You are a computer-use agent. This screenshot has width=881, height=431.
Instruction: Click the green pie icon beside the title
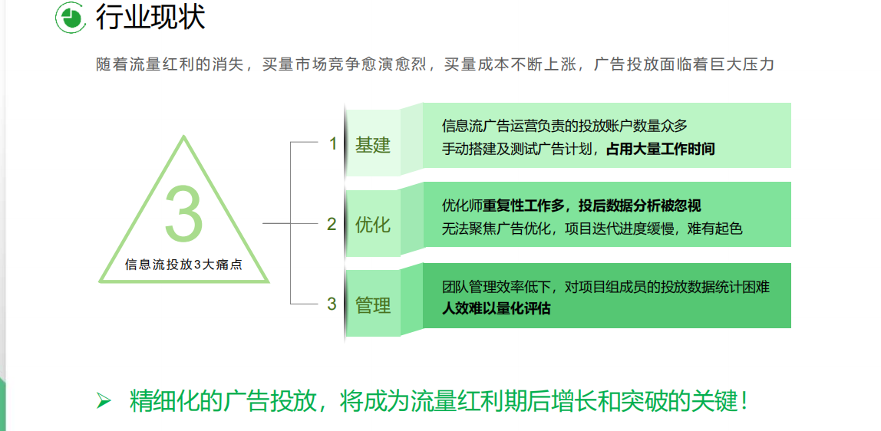tap(71, 18)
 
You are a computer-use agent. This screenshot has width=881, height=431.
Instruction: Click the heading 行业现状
tap(150, 18)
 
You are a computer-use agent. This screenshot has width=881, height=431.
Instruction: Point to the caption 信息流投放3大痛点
tap(183, 265)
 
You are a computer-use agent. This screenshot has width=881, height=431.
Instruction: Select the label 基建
tap(372, 145)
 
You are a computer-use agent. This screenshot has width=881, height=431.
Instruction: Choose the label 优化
tap(372, 225)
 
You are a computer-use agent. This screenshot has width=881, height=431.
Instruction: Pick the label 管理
tap(372, 305)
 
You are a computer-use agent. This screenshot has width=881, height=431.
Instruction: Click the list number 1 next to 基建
tap(332, 144)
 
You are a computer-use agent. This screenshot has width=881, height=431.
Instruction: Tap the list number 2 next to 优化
tap(332, 225)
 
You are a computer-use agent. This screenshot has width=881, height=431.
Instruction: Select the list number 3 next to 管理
tap(332, 304)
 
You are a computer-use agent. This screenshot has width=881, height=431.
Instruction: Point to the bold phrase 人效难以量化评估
tap(496, 308)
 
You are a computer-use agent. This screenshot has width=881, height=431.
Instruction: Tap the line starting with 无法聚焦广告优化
tap(592, 229)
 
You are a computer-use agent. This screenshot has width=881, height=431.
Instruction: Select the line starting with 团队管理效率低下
tap(605, 288)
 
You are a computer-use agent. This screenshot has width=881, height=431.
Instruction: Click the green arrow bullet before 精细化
tap(104, 400)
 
